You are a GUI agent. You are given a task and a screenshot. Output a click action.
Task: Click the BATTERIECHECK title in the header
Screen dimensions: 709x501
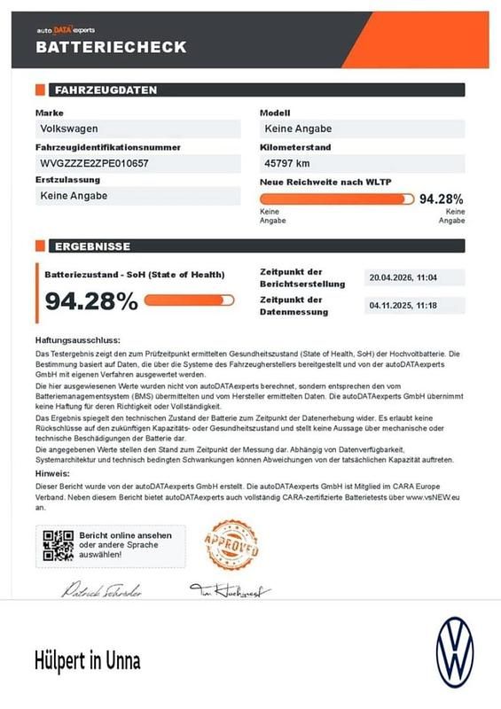(x=111, y=48)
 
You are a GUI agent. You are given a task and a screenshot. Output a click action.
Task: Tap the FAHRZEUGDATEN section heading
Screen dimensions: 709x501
(x=106, y=90)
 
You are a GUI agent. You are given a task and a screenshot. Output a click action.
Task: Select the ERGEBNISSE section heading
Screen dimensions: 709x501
(x=93, y=246)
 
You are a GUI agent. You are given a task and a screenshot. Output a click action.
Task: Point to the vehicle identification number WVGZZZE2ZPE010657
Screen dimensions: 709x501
(x=94, y=164)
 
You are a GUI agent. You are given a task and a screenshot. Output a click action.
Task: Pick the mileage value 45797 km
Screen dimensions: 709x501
(x=286, y=164)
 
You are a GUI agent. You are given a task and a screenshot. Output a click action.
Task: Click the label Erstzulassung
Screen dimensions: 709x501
(x=67, y=180)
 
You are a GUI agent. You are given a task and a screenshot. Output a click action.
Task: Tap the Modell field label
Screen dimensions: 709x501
(x=277, y=113)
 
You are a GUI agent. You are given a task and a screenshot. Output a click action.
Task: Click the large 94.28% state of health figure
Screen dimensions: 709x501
(x=91, y=301)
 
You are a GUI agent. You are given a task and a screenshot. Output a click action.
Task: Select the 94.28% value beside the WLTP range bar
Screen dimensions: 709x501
(x=441, y=199)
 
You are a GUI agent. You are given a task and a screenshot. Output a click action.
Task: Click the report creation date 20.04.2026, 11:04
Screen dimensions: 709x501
(x=403, y=278)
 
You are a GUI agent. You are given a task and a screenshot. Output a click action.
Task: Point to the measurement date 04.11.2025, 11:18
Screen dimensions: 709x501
(x=403, y=306)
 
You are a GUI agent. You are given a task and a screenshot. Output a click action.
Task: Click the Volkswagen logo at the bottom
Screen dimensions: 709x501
(x=455, y=654)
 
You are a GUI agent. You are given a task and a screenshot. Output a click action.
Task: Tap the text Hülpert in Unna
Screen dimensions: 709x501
(x=88, y=661)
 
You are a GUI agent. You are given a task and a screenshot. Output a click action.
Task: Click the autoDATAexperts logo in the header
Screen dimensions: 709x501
(x=71, y=30)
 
